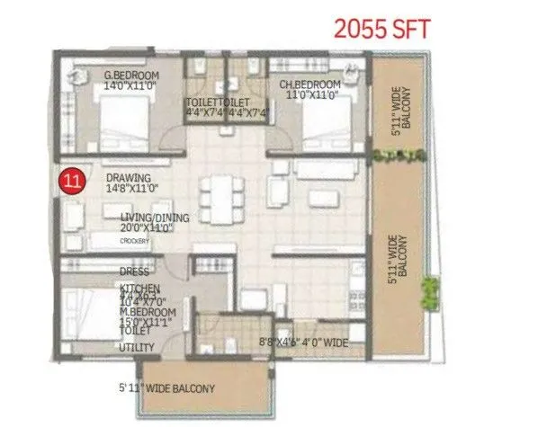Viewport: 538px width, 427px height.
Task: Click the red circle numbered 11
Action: [72, 180]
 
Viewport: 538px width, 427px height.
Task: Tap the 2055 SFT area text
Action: [381, 28]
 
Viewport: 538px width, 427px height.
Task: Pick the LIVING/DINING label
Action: [158, 218]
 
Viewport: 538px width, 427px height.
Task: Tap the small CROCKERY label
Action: [135, 241]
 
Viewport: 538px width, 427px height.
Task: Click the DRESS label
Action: [133, 271]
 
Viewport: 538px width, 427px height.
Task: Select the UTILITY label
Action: [137, 347]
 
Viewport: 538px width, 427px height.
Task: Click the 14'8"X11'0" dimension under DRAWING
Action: [132, 189]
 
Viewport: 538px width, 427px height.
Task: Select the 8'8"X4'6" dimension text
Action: [280, 342]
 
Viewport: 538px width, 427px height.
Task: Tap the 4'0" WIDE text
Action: [327, 342]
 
